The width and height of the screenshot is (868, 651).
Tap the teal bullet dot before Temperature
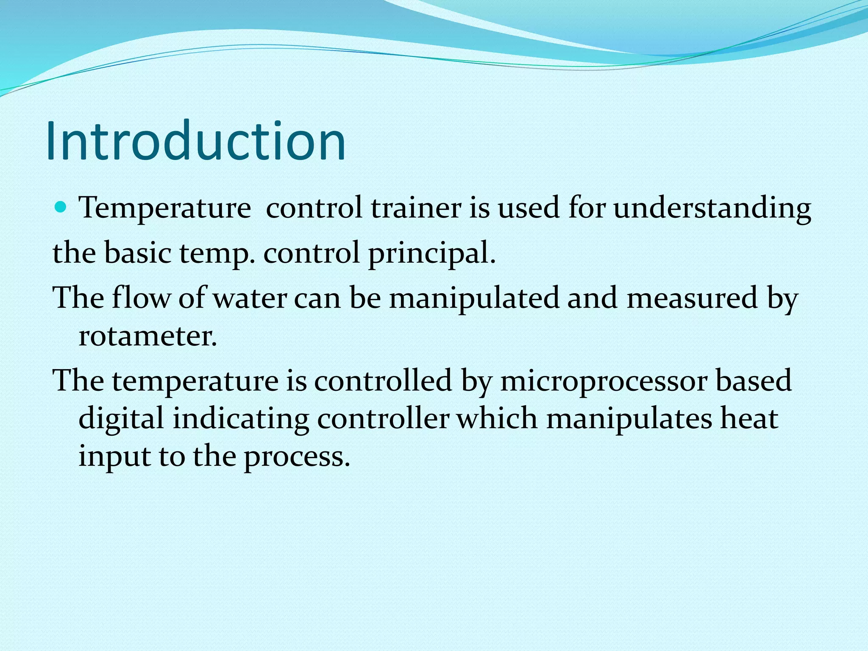coord(62,207)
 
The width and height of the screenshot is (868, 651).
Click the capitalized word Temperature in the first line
coord(165,209)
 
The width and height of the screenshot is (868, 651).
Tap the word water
coord(250,298)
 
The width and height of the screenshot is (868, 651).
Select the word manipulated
coord(474,298)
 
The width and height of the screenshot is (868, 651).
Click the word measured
coord(692,298)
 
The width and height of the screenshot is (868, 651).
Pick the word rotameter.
coord(148,337)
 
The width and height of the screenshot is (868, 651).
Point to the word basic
coord(137,253)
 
